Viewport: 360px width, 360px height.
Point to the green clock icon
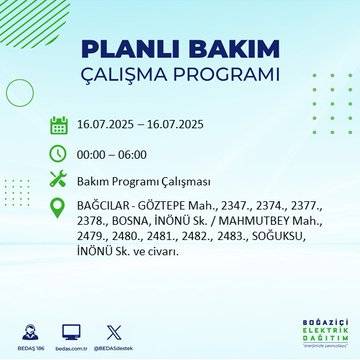tap(59, 154)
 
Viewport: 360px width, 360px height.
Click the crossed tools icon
tap(59, 181)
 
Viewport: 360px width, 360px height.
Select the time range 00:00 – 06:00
tap(111, 155)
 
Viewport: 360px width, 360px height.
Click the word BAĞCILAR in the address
tap(104, 208)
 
